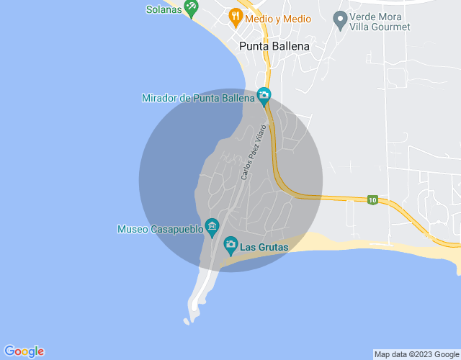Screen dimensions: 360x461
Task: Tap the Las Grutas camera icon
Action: [230, 246]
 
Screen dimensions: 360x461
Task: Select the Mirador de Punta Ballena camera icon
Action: [264, 96]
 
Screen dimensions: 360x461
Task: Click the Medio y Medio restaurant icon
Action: [235, 16]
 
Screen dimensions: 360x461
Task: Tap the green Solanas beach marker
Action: [191, 9]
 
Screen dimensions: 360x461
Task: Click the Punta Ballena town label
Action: [274, 47]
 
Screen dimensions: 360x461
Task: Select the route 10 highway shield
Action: [372, 199]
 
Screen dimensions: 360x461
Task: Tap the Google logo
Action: [24, 351]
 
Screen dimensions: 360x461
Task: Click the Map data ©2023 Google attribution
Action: [416, 354]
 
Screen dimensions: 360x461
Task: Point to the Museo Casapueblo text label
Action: [159, 230]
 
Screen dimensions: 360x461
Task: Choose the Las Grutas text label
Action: [264, 248]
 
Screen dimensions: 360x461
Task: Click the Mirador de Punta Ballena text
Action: [198, 98]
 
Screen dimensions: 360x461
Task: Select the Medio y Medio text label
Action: [277, 19]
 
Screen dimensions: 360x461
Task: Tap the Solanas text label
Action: [164, 9]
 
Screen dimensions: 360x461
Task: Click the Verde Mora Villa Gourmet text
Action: [379, 22]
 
